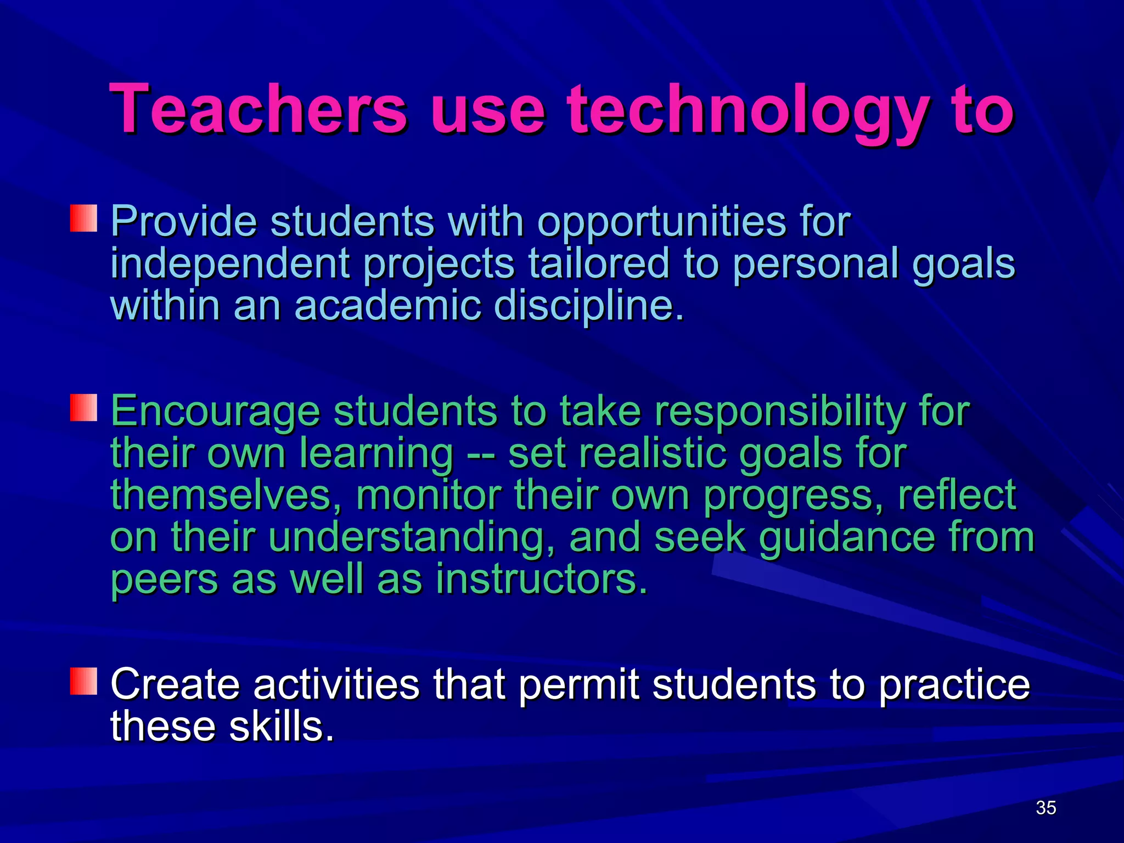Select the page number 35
pos(1046,808)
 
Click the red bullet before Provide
pos(83,218)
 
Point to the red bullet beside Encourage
pos(83,408)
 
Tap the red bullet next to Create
pos(83,682)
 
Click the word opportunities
pos(661,222)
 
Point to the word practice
pos(954,686)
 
